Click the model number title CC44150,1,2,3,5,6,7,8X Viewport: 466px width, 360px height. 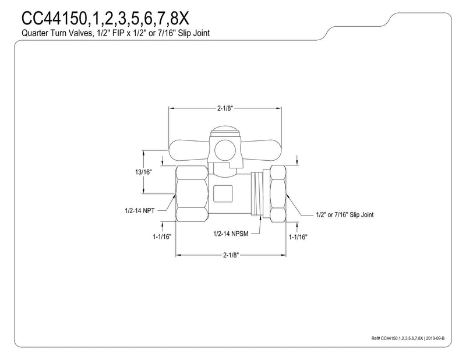tap(105, 19)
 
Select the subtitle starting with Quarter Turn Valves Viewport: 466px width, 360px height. tap(115, 33)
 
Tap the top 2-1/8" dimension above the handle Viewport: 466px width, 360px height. tap(225, 108)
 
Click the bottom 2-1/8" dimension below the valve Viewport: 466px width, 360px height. tap(231, 255)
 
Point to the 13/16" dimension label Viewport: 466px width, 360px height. tap(143, 172)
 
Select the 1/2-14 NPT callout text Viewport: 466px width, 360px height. tap(140, 211)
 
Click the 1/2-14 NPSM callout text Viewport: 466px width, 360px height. tap(231, 234)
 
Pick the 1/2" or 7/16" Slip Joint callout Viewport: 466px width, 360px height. tap(344, 214)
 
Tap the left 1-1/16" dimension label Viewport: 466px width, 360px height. tap(163, 237)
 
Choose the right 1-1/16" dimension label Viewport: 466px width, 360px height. tap(298, 237)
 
